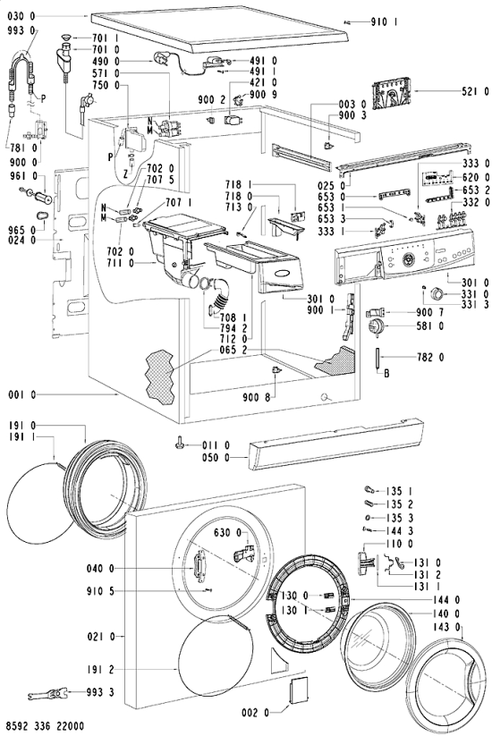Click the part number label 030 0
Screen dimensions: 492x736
pos(21,16)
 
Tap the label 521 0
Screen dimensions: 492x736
pos(475,92)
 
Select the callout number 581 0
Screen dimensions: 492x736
pos(429,326)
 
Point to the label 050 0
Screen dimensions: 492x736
pos(216,458)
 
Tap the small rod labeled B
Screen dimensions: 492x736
pos(377,358)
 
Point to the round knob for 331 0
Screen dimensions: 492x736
pos(437,294)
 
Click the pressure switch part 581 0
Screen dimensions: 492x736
pos(376,326)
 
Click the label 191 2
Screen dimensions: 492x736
pos(100,669)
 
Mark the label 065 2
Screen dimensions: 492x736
pos(233,351)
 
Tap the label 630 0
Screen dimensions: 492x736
pos(228,533)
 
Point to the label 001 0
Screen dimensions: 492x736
pos(22,394)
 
